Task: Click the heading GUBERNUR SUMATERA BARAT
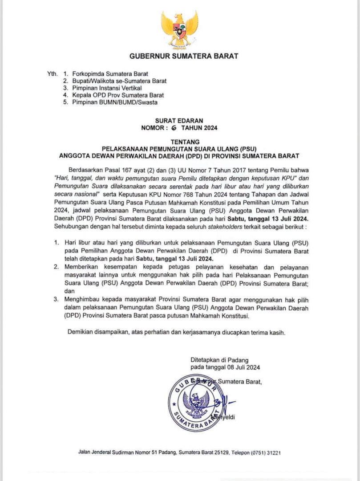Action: click(x=183, y=56)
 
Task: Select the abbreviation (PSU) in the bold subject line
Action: click(x=249, y=149)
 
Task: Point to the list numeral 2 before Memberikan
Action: click(x=56, y=266)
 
